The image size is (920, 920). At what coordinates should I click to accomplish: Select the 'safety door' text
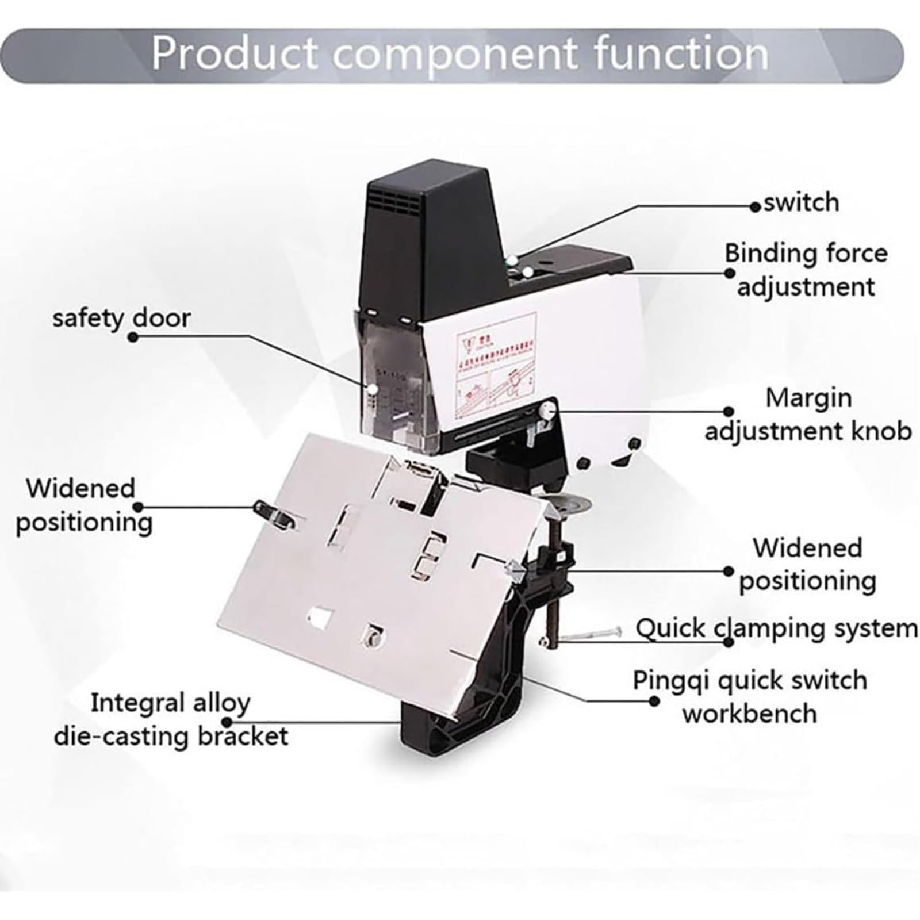121,318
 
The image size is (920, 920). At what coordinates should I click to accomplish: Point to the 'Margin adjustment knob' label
808,414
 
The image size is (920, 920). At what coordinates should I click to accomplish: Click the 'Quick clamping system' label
776,628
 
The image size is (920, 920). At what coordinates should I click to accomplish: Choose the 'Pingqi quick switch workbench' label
750,697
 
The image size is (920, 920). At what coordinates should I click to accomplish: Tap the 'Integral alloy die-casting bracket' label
171,719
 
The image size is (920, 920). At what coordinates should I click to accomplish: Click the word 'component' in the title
455,53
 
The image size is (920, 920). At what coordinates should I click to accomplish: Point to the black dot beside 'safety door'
133,338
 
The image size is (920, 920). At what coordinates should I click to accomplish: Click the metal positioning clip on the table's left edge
273,511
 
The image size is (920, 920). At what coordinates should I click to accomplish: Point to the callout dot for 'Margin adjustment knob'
729,412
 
